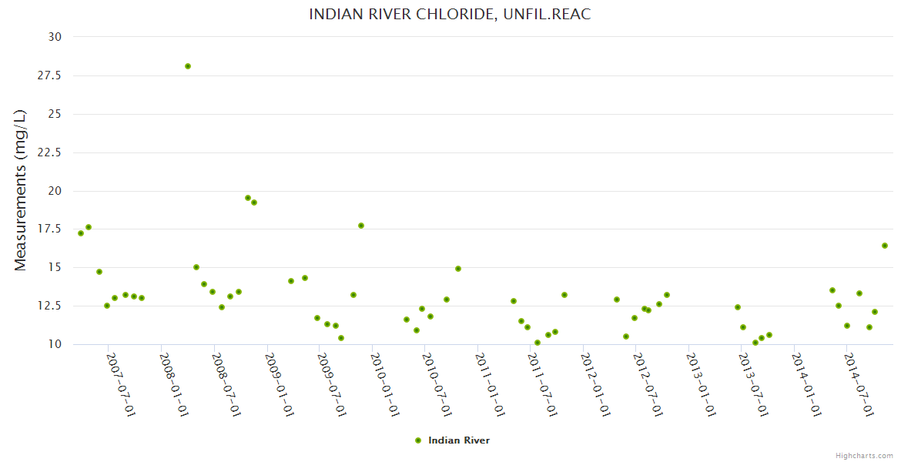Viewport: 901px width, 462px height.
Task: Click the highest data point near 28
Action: pos(188,66)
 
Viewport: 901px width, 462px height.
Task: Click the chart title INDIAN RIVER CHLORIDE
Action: pos(450,14)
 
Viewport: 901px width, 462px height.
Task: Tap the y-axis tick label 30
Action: pos(55,37)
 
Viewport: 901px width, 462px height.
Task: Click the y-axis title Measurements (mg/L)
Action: pos(21,189)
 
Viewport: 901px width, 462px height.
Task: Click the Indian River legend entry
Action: pos(458,440)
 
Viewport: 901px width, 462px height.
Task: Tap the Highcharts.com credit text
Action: pos(864,456)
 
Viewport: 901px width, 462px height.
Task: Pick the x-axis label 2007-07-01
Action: pos(121,385)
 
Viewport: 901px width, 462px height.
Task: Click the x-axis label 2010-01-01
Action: pos(384,385)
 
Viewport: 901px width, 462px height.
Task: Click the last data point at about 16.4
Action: pos(885,246)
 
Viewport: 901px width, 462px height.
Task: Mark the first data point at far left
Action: pos(81,233)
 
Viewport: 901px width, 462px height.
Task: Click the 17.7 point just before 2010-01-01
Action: pos(361,226)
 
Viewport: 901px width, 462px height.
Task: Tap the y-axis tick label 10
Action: pos(55,344)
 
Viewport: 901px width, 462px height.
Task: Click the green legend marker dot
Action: pos(418,440)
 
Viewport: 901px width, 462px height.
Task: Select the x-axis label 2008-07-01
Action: pos(226,385)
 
